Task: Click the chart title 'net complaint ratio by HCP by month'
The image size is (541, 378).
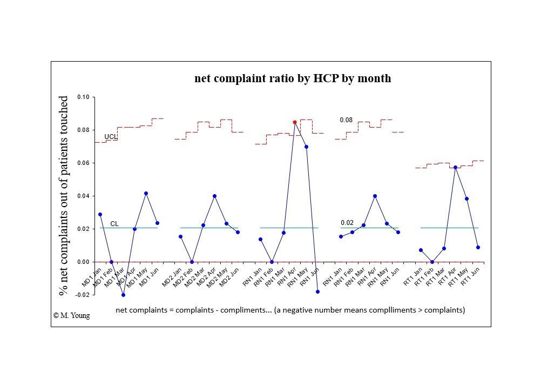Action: click(293, 78)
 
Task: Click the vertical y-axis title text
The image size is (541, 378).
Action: click(64, 196)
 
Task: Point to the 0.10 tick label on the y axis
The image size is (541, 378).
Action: click(83, 97)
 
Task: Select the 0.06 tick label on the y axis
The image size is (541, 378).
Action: click(83, 163)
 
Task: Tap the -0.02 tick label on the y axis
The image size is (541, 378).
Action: click(82, 295)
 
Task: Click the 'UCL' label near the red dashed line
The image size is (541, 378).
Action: click(110, 137)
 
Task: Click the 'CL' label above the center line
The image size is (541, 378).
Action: click(114, 224)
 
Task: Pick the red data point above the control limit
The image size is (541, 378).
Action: click(295, 122)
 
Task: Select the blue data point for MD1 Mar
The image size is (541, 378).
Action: click(123, 295)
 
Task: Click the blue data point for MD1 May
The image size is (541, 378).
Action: click(146, 193)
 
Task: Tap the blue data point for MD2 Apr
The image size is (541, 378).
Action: click(214, 196)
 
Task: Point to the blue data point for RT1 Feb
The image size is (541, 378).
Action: click(432, 262)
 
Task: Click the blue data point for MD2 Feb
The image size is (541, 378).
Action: click(192, 262)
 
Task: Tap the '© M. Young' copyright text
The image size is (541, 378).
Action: click(72, 315)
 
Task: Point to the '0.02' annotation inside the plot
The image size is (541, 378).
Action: click(347, 223)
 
